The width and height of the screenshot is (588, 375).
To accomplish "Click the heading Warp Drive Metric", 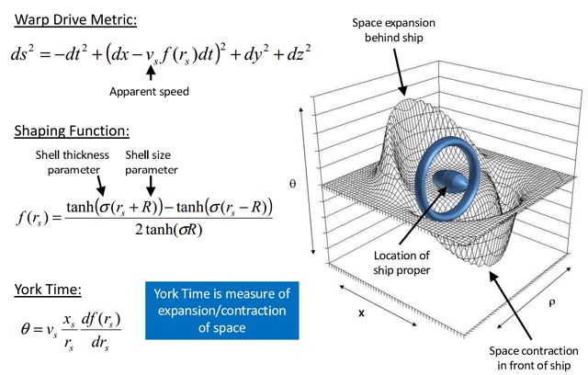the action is [75, 19].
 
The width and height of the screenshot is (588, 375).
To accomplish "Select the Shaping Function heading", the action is [72, 131].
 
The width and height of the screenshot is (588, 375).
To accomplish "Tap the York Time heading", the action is [48, 290].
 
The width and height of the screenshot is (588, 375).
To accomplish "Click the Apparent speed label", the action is [149, 92].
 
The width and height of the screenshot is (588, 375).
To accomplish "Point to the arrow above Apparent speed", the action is [151, 73].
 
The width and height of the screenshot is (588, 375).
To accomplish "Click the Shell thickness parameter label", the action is [73, 163].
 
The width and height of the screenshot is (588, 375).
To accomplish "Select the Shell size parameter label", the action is [151, 163].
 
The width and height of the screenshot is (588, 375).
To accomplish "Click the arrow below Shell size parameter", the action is [151, 186].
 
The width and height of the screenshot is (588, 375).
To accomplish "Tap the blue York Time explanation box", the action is [222, 311].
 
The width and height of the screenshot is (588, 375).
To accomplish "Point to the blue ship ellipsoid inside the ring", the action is [450, 180].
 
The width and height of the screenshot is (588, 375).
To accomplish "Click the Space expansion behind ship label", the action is [394, 30].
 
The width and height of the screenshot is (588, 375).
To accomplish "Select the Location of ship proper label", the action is [401, 263].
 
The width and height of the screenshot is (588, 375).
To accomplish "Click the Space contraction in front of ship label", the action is [534, 358].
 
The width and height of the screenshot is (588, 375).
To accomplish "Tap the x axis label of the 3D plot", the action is [361, 312].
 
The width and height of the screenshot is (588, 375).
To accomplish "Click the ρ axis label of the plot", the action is [551, 303].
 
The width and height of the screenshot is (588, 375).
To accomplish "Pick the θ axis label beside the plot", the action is [293, 184].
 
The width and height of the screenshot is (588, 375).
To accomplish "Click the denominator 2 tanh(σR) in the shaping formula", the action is [169, 230].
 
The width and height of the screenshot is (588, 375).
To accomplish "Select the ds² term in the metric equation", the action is [22, 53].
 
